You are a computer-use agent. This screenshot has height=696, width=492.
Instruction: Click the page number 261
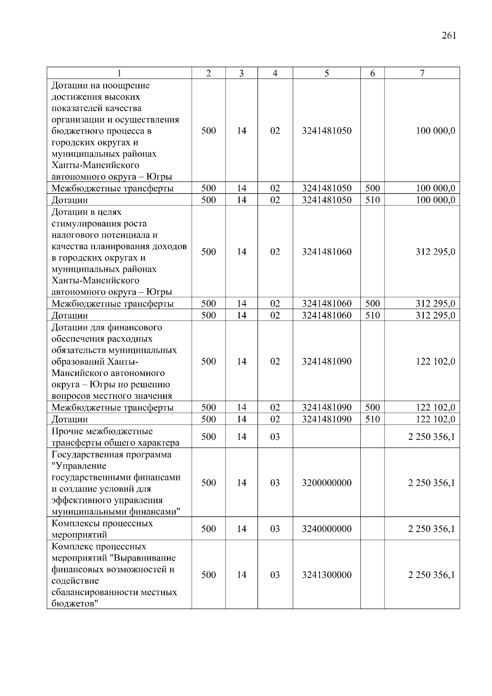coord(449,36)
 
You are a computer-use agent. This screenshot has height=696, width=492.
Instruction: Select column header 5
coord(326,73)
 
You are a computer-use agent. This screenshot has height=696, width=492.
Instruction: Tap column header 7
coord(422,73)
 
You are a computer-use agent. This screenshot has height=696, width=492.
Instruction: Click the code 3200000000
coord(326,483)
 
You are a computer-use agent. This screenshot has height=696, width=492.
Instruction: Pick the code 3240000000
coord(326,529)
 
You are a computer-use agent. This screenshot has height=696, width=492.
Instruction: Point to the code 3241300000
coord(326,575)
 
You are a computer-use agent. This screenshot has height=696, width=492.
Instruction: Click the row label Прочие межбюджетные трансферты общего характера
coord(115,437)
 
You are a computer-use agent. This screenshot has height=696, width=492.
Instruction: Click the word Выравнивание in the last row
coord(145,558)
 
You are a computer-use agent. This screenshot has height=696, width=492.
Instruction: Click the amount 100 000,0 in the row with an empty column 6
coord(435,131)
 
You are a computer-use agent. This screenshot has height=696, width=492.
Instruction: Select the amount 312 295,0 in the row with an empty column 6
coord(435,252)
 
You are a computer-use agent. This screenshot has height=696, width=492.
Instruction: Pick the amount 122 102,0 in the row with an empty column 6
coord(435,362)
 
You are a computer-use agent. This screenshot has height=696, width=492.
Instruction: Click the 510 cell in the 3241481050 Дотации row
coord(372,200)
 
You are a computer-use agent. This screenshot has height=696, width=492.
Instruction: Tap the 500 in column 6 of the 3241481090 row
coord(372,407)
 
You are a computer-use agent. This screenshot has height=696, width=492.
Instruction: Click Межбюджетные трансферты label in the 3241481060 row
coord(112,304)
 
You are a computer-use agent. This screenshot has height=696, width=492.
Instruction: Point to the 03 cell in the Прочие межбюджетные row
coord(275,437)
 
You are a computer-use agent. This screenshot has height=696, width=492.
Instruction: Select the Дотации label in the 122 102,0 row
coord(69,419)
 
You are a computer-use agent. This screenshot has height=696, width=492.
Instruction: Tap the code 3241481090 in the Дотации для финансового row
coord(326,362)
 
